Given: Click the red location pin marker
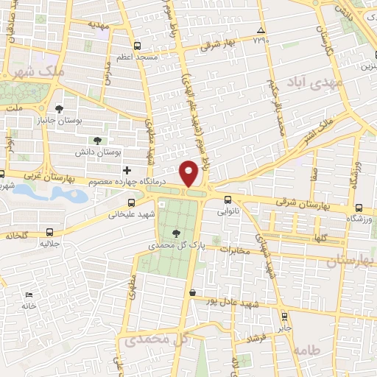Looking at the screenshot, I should click(188, 173).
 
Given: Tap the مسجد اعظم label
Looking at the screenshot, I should click(135, 56).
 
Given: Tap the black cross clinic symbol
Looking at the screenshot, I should click(127, 170).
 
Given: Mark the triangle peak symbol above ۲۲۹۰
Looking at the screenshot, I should click(261, 30).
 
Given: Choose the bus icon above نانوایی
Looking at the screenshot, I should click(228, 199).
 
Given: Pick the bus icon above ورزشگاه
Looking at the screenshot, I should click(359, 208).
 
